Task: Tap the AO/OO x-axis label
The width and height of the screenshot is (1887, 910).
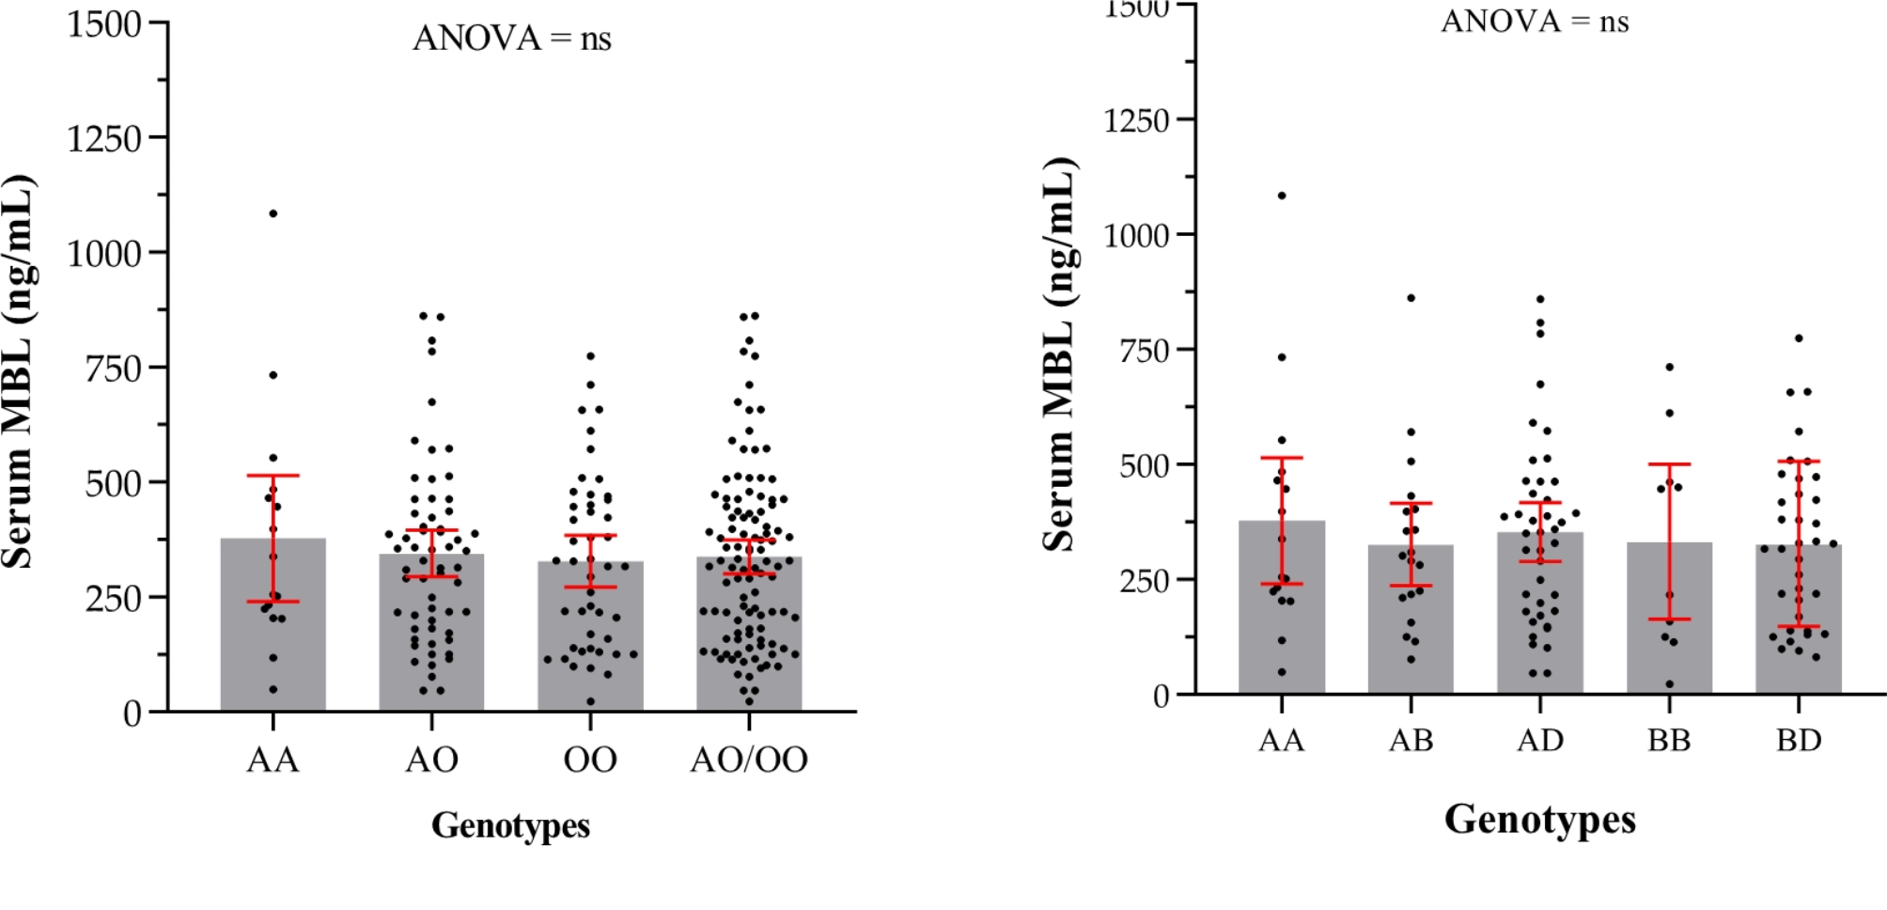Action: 749,760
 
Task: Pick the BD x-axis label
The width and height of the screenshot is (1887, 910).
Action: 1799,741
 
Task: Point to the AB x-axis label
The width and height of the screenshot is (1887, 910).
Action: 1411,741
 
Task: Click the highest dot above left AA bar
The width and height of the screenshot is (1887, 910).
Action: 273,213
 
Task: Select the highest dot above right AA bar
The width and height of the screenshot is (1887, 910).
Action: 1282,196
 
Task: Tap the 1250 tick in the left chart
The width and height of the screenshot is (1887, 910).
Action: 103,138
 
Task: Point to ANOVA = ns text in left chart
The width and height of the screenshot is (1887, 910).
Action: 512,39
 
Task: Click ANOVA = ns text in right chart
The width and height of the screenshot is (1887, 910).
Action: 1535,21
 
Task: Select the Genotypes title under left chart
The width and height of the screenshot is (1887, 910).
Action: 510,825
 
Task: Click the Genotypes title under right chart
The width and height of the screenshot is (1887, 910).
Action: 1539,819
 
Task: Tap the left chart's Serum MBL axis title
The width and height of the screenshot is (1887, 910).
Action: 19,371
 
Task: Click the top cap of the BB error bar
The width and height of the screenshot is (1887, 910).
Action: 1669,464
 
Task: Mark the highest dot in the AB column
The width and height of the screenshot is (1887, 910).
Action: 1411,298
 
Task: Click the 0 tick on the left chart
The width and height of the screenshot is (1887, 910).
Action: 132,714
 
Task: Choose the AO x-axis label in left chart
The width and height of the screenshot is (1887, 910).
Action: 431,760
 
